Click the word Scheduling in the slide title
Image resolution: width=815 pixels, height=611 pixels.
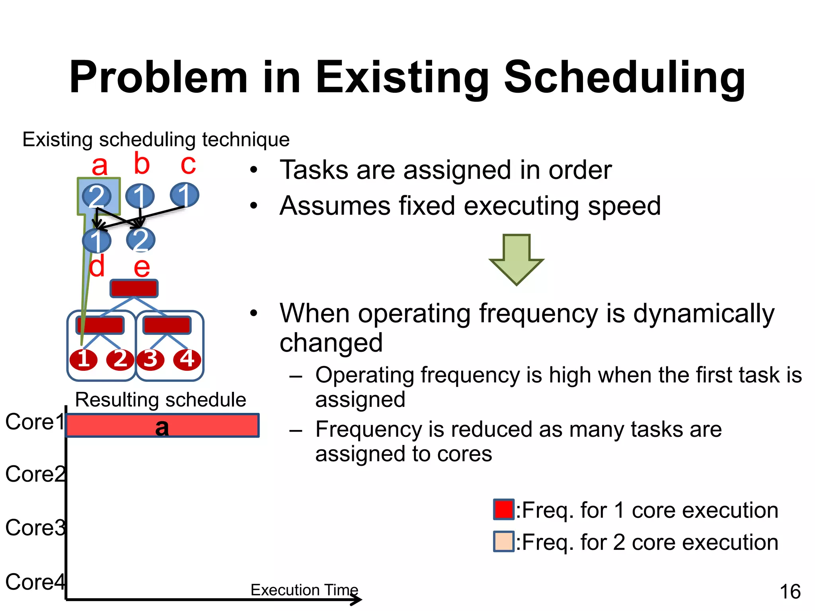click(624, 78)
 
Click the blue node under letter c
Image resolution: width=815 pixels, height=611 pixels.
click(184, 195)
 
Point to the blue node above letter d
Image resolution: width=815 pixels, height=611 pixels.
click(96, 241)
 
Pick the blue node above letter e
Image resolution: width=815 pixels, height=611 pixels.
click(140, 239)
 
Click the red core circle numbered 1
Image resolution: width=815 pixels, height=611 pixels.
click(84, 360)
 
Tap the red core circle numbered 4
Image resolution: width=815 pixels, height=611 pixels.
click(187, 360)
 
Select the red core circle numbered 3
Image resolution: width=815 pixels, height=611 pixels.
click(150, 360)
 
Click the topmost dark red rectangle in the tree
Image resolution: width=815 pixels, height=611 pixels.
click(134, 288)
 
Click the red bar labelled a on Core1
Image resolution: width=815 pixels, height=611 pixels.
click(162, 426)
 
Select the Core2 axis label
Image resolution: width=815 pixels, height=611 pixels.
click(35, 474)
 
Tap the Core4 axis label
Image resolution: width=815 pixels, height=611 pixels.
click(35, 582)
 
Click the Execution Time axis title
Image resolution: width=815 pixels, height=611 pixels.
click(304, 590)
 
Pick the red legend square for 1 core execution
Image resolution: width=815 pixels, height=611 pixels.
click(503, 510)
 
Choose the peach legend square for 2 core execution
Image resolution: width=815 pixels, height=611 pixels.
click(503, 541)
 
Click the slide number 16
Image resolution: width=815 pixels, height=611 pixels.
click(790, 592)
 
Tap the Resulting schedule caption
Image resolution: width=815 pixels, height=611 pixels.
click(160, 400)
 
